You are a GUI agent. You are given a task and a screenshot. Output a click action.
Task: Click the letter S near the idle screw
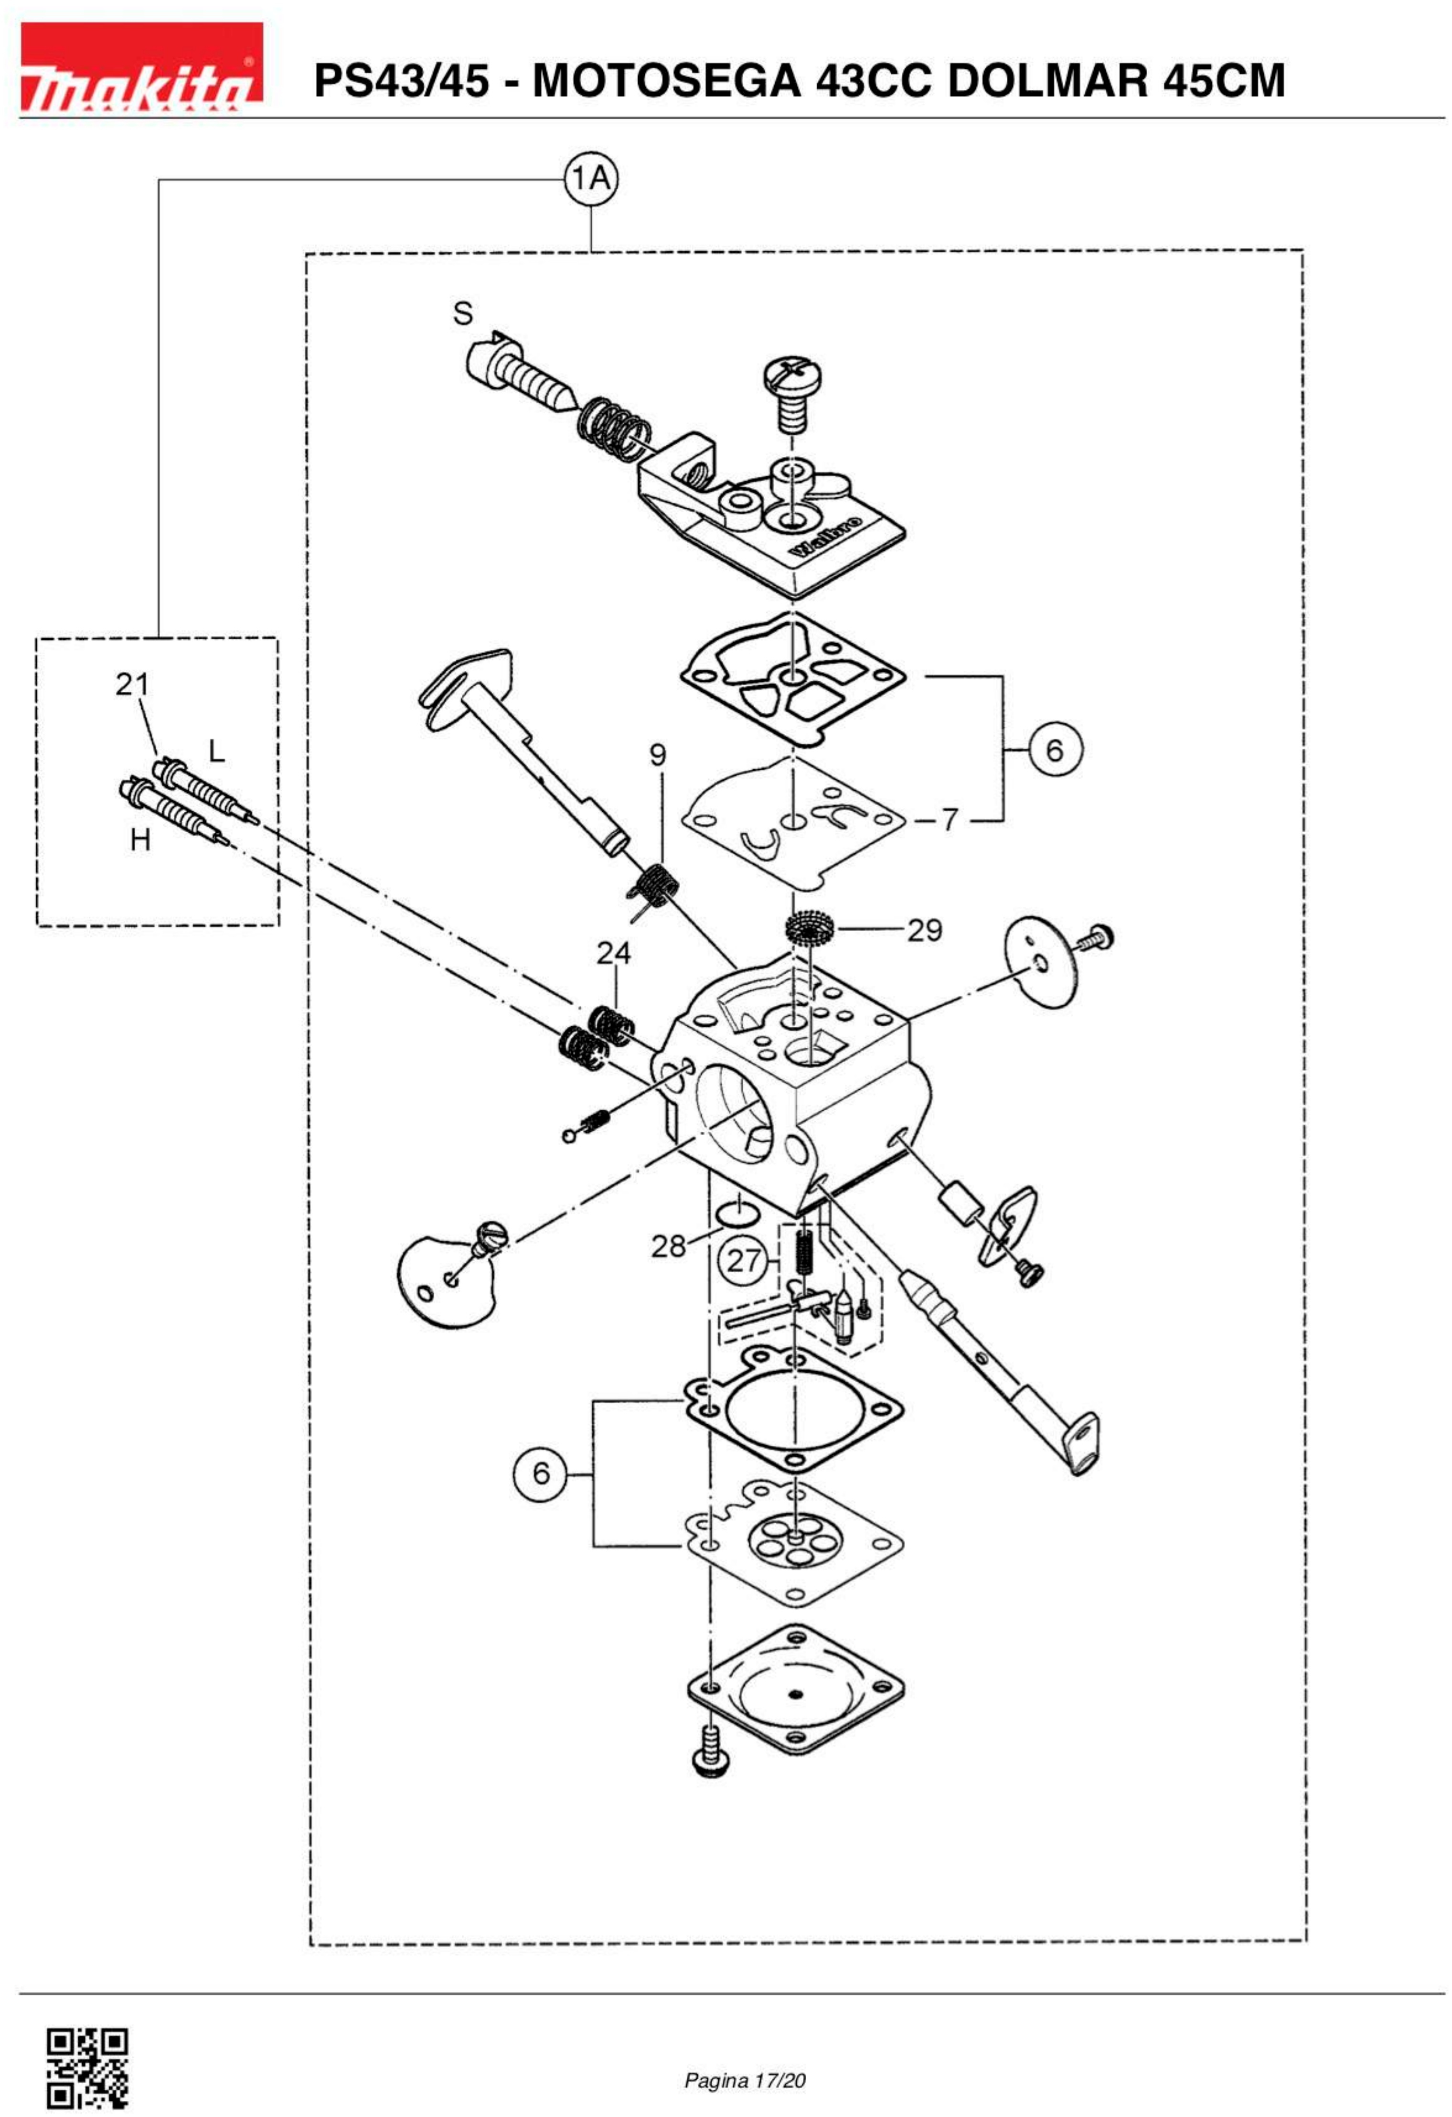click(463, 313)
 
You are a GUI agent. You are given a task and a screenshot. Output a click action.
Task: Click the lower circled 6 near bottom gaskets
click(541, 1473)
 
